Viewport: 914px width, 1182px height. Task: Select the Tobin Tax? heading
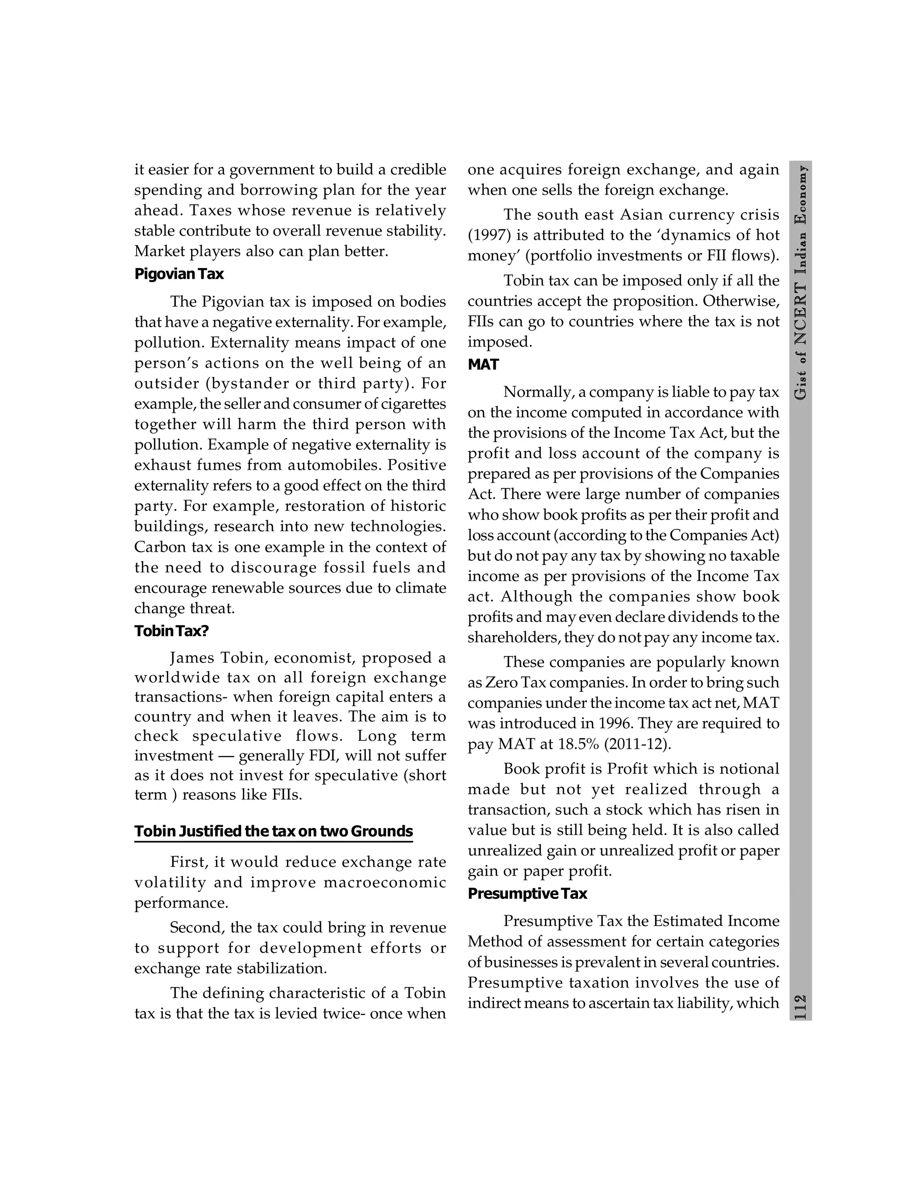[x=171, y=631]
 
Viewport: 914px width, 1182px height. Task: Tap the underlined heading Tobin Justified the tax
[x=274, y=831]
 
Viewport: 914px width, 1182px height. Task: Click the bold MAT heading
[x=483, y=365]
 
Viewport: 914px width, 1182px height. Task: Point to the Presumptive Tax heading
[x=527, y=893]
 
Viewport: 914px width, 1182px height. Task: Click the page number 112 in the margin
[x=800, y=1007]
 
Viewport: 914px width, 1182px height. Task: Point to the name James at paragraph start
[x=193, y=658]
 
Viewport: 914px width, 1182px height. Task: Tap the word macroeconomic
[x=384, y=883]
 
